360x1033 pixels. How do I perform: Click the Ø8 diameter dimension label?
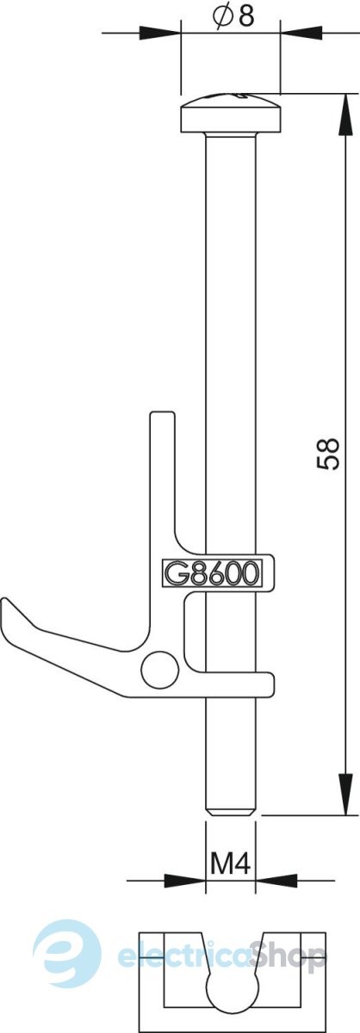pos(233,16)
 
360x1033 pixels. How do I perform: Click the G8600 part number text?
pos(211,573)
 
